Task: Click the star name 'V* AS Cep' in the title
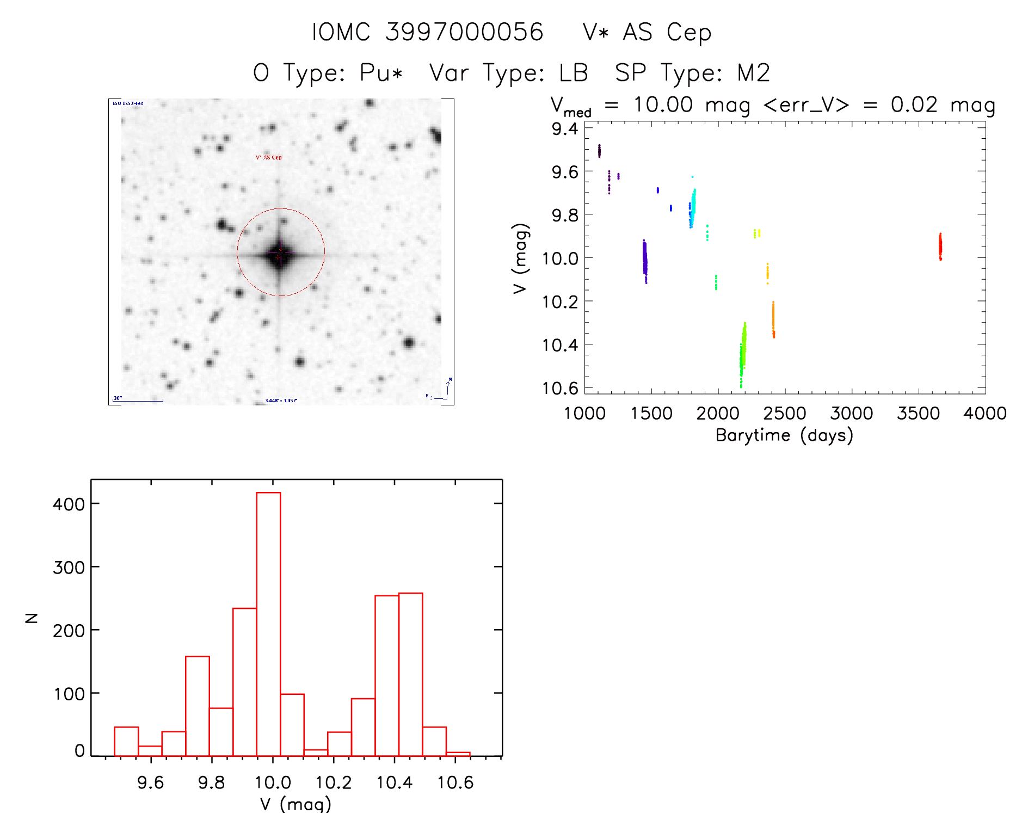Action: [647, 33]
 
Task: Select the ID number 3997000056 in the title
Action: [464, 33]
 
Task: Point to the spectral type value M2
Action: [754, 73]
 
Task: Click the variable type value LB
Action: [574, 73]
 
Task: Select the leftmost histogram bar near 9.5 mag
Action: [126, 741]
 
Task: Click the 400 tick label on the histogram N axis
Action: [69, 504]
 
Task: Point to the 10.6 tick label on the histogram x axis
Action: [455, 783]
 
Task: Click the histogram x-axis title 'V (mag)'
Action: [296, 804]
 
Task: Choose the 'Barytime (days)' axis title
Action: [784, 435]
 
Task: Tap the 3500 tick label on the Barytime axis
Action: [918, 414]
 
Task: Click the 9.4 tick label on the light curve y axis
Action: [565, 129]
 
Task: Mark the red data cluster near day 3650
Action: [940, 247]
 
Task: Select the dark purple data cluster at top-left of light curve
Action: [599, 151]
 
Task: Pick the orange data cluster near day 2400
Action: [773, 320]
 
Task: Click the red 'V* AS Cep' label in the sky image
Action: [269, 158]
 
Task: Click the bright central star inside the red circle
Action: [280, 254]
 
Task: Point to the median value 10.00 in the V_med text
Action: [663, 104]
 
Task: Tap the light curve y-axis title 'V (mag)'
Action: [520, 258]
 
